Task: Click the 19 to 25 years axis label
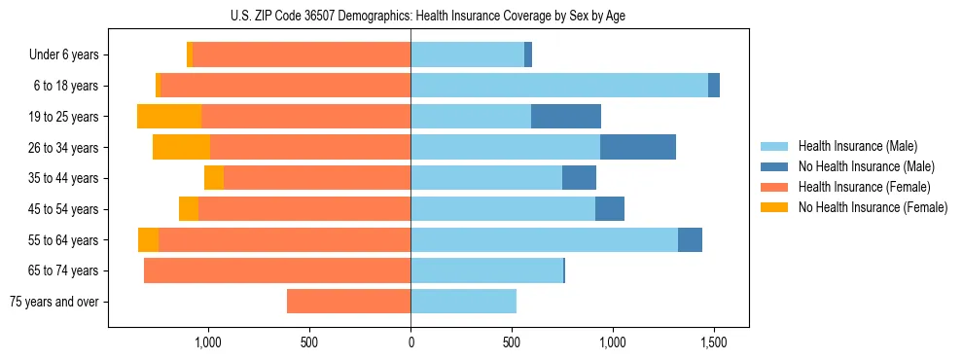pyautogui.click(x=65, y=117)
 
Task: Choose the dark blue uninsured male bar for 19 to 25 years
pyautogui.click(x=566, y=117)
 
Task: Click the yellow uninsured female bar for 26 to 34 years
pyautogui.click(x=181, y=147)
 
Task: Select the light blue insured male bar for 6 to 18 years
pyautogui.click(x=559, y=86)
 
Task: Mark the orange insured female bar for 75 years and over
pyautogui.click(x=348, y=302)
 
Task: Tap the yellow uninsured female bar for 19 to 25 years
pyautogui.click(x=169, y=117)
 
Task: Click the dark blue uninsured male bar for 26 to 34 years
pyautogui.click(x=638, y=147)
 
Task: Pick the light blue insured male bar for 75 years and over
pyautogui.click(x=463, y=302)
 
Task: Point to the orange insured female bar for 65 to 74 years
pyautogui.click(x=277, y=270)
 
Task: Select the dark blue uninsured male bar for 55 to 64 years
pyautogui.click(x=690, y=239)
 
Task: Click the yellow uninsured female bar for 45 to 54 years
pyautogui.click(x=189, y=209)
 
